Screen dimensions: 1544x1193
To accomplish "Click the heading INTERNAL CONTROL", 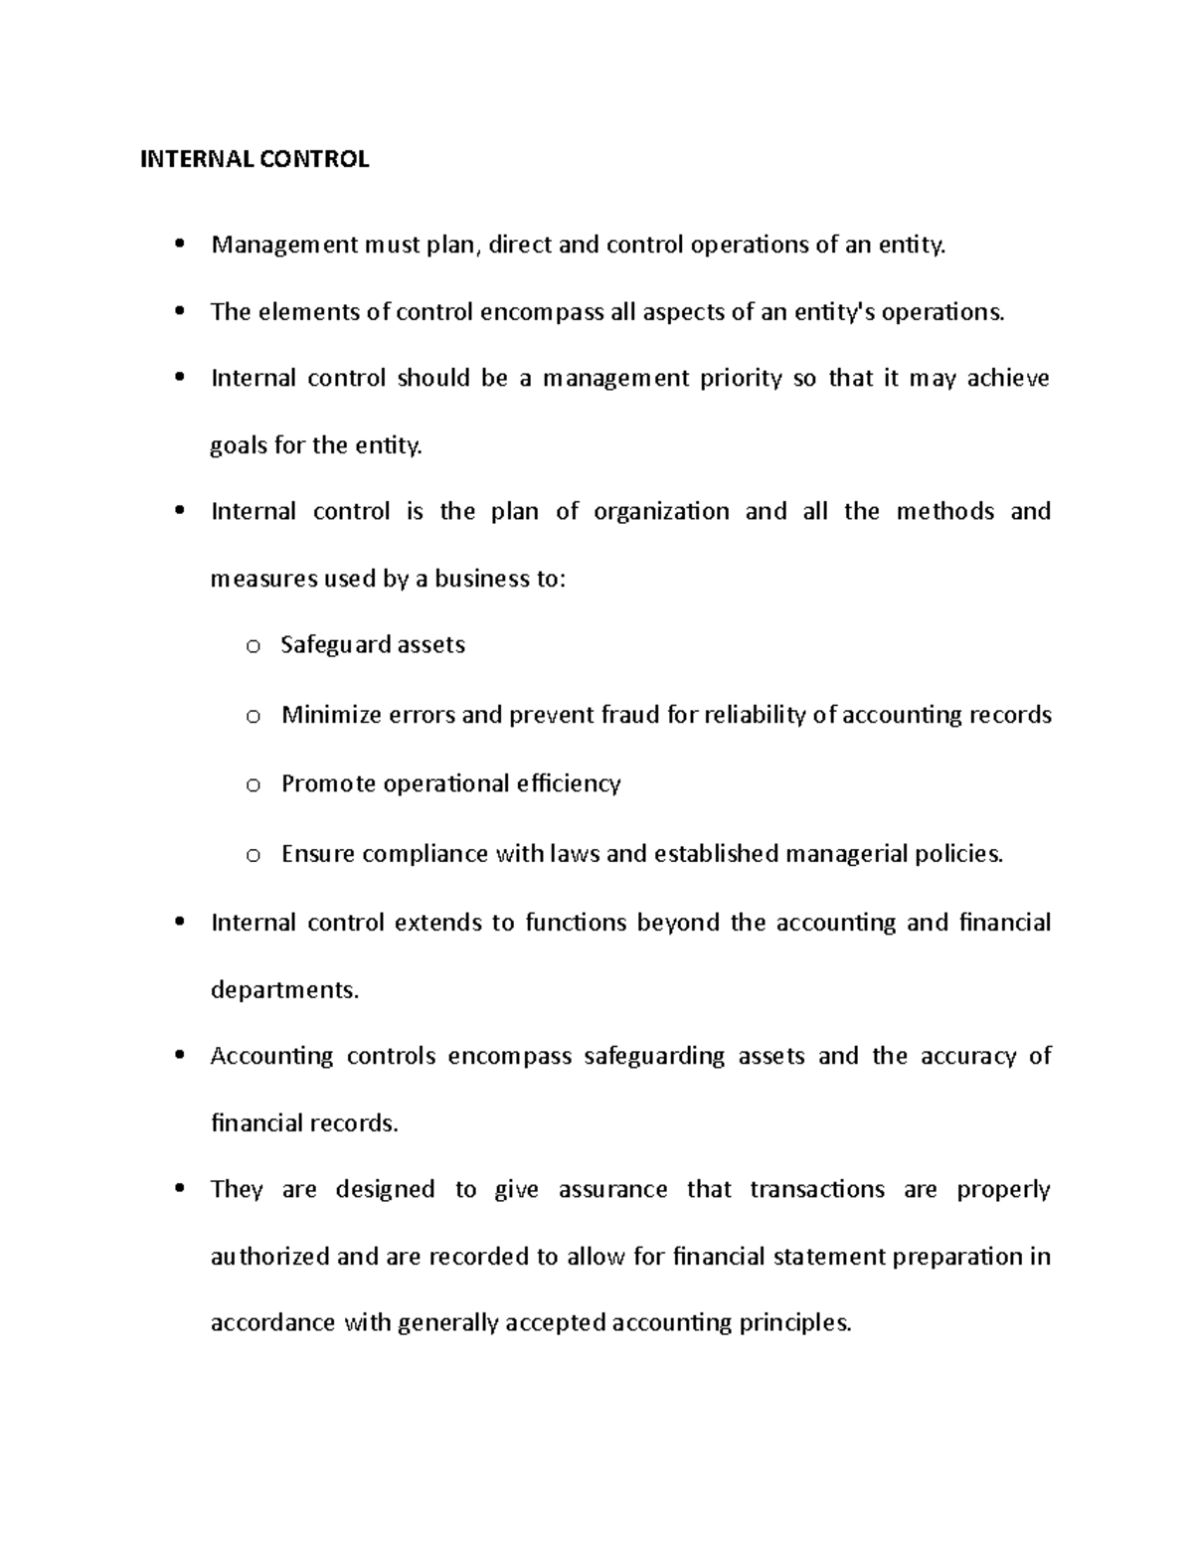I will (255, 160).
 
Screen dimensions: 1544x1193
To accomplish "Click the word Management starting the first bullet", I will (284, 246).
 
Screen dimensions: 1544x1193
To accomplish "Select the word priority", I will (741, 379).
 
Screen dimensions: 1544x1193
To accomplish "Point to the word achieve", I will (1008, 379).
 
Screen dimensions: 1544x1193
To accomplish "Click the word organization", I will (661, 512).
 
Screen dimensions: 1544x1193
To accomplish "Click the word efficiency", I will (568, 783).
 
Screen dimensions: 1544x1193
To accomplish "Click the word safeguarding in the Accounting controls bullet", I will (654, 1056).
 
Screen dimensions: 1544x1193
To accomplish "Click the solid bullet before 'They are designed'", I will (179, 1189).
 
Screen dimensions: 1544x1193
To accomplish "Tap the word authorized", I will (270, 1257).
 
